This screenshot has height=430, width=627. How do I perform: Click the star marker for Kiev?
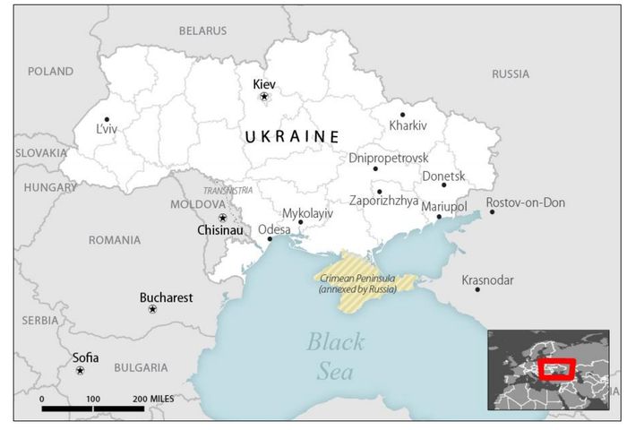(263, 97)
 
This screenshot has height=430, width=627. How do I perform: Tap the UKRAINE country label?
(292, 136)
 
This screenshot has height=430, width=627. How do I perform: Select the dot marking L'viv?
(107, 119)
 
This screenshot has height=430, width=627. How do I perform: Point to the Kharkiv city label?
(408, 126)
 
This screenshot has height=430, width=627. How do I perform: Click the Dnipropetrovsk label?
(388, 159)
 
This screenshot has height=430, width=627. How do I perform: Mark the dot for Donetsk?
(443, 185)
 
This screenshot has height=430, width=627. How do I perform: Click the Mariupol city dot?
(439, 217)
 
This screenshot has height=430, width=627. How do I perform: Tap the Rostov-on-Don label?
(526, 202)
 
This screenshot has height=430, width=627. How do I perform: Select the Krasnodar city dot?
(477, 289)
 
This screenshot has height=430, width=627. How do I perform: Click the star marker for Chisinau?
(222, 218)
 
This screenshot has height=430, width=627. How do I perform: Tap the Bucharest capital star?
(152, 309)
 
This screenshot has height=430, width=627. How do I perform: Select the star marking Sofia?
(80, 370)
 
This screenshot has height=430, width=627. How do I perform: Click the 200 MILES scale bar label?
(153, 398)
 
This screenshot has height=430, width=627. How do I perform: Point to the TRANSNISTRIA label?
(228, 191)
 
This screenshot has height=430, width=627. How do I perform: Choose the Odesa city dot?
(270, 239)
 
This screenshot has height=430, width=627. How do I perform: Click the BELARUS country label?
(202, 30)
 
